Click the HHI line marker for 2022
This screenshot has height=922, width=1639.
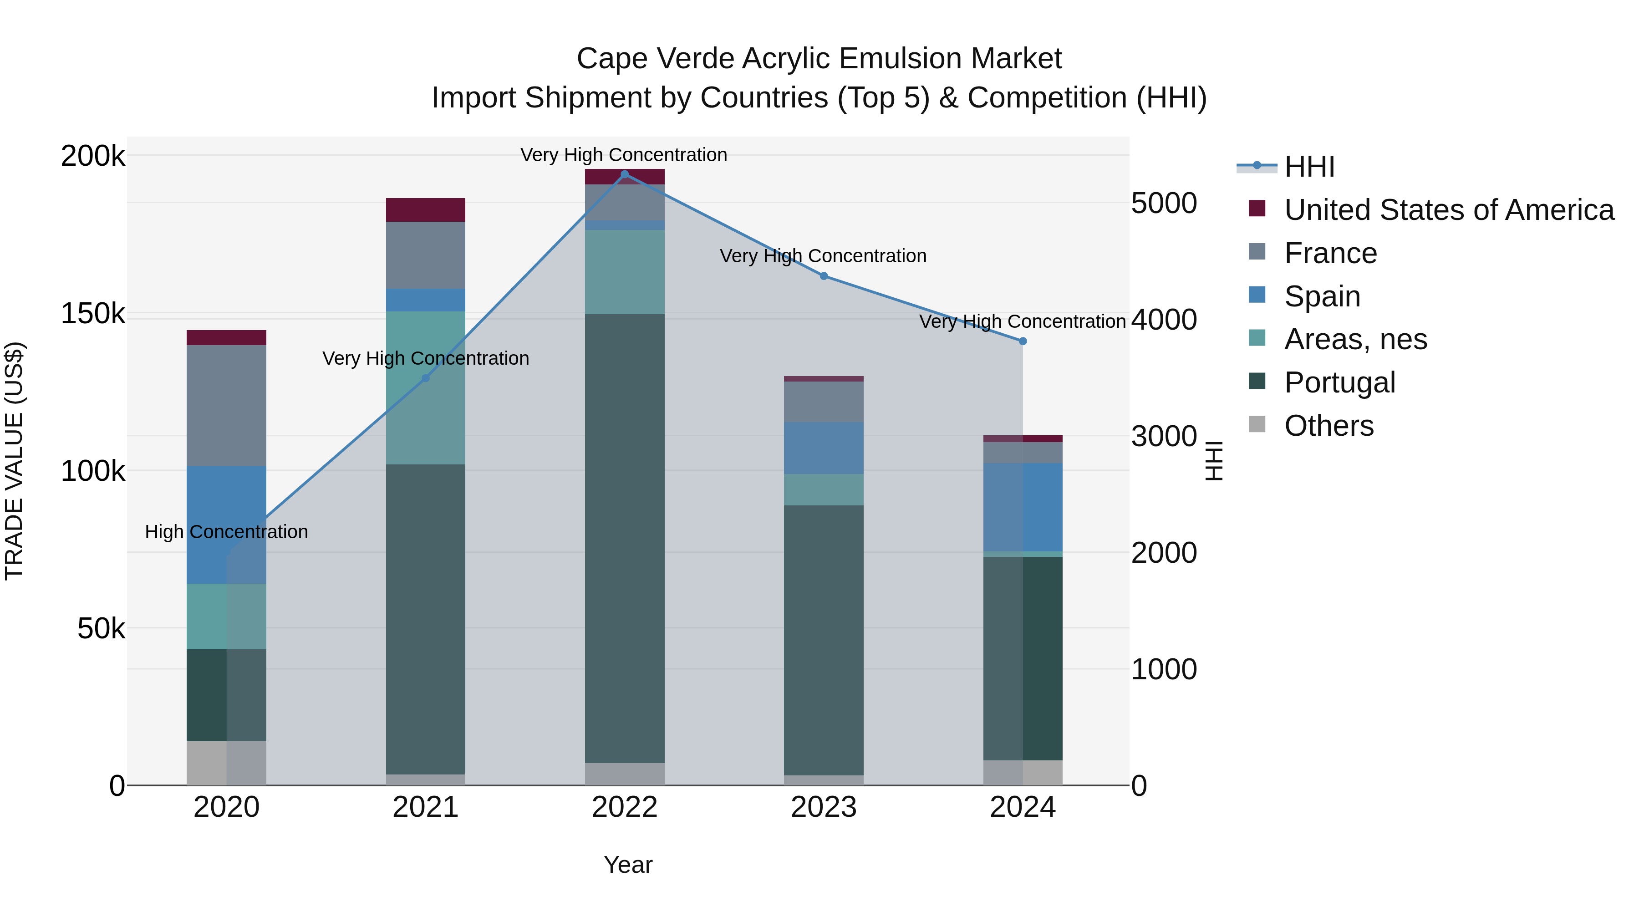click(624, 174)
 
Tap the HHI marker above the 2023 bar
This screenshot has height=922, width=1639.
click(823, 276)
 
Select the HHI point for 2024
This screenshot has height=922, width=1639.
click(1023, 341)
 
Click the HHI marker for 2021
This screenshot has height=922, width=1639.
click(426, 379)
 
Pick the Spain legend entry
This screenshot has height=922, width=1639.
click(1322, 296)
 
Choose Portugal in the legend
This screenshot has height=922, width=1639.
click(1339, 382)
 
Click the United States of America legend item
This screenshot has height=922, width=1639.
click(1448, 210)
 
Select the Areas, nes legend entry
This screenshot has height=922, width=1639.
click(1355, 339)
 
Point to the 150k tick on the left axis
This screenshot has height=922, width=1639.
click(93, 314)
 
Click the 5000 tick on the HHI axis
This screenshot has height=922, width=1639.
click(1164, 204)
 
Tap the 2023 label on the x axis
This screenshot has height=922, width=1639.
click(823, 807)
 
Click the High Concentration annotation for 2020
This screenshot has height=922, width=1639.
click(227, 532)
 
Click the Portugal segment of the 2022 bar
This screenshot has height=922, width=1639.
click(624, 538)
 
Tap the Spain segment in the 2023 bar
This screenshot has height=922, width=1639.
click(823, 448)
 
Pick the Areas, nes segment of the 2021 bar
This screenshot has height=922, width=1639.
click(426, 387)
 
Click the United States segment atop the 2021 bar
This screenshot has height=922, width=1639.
click(426, 210)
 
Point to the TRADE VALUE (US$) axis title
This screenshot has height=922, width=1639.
click(14, 461)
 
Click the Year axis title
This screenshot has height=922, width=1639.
click(628, 865)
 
